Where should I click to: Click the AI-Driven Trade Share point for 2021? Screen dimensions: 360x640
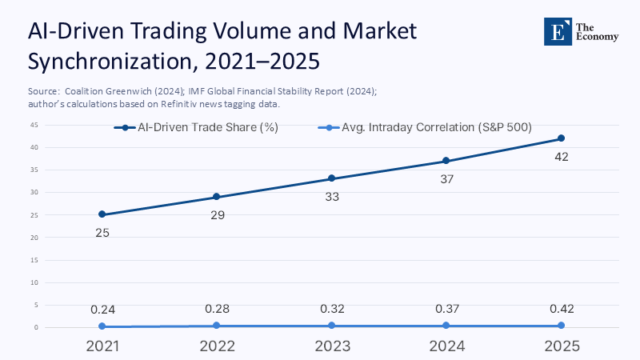click(x=102, y=214)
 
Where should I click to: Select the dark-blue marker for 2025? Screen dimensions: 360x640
click(x=561, y=138)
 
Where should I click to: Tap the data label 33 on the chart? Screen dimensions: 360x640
click(x=332, y=196)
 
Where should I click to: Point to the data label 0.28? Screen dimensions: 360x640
click(x=217, y=309)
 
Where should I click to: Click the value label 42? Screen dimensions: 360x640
click(x=561, y=156)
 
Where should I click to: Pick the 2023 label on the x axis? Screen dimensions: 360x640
click(x=332, y=346)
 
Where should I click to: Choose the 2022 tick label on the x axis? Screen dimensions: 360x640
click(x=217, y=346)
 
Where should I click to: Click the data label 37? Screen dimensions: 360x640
click(x=446, y=178)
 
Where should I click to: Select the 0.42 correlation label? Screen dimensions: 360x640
click(x=561, y=309)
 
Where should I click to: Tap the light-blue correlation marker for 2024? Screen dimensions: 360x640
click(x=446, y=325)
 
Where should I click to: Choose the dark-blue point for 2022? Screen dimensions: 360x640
click(x=217, y=197)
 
